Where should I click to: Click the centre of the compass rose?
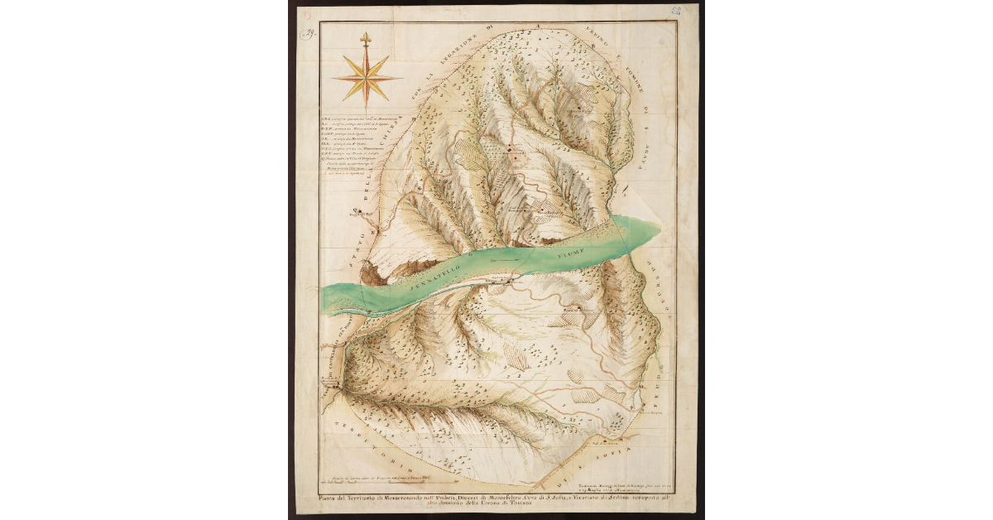(367, 77)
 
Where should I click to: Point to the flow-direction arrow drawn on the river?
(505, 259)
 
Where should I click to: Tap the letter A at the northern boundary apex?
(538, 25)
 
